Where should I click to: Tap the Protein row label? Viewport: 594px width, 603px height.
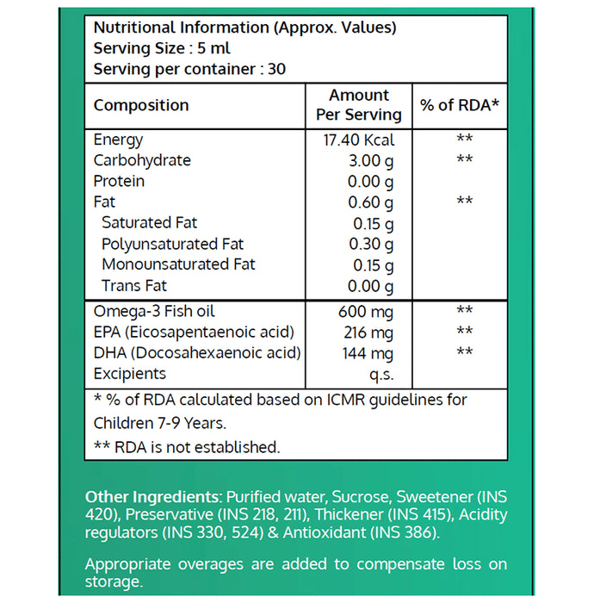pyautogui.click(x=119, y=181)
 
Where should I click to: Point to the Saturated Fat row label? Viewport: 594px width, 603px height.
pyautogui.click(x=149, y=223)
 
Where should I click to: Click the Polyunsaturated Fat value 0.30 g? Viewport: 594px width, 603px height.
pyautogui.click(x=372, y=244)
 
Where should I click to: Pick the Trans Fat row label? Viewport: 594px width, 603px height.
pyautogui.click(x=134, y=285)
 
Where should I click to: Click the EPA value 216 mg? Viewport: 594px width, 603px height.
pyautogui.click(x=371, y=332)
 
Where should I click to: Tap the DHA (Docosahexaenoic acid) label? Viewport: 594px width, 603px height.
pyautogui.click(x=197, y=352)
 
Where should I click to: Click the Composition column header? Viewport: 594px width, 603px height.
pyautogui.click(x=141, y=105)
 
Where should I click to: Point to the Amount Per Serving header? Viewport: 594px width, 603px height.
pyautogui.click(x=359, y=105)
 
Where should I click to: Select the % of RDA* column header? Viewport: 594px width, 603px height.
pyautogui.click(x=460, y=105)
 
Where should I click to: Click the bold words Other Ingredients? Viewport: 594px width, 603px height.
pyautogui.click(x=152, y=497)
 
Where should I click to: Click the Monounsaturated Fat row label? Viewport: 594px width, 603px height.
pyautogui.click(x=178, y=264)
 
